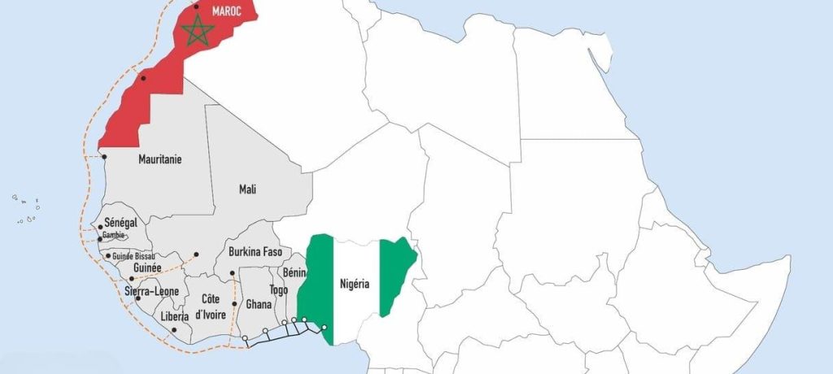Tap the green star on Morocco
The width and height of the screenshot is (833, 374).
pos(198,32)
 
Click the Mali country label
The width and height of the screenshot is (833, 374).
pos(247,189)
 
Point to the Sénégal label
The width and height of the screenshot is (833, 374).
pos(120,223)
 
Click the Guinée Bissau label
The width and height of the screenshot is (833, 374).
pos(133,255)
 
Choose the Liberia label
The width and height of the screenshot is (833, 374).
pos(175,316)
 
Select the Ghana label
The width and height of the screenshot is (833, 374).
pos(259,305)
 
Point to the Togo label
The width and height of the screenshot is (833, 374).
pos(278,289)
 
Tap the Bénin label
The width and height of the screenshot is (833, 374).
pos(294,274)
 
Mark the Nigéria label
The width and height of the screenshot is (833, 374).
pos(355,284)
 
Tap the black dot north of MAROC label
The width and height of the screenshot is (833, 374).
pos(196,7)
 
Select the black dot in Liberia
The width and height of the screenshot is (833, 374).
pos(175,329)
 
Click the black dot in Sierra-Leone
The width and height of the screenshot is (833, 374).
pos(132,278)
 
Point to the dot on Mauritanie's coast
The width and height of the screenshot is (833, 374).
pos(104,157)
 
